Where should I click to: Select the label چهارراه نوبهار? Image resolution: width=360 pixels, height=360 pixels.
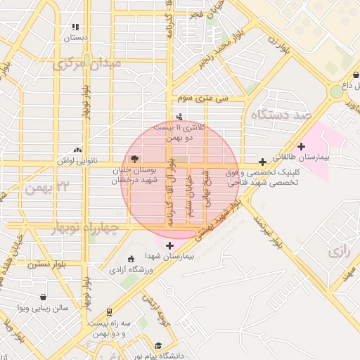pos(87,229)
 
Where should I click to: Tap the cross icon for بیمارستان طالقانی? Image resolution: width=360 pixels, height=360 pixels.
pos(302,146)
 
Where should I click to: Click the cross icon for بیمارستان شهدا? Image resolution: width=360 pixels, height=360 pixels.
pos(169,245)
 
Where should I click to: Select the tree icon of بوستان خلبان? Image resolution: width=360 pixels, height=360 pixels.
pos(135,158)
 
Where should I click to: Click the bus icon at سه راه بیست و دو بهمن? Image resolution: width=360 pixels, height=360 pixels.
pos(109,311)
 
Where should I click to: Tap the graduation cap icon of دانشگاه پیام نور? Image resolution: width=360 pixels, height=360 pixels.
pos(159,346)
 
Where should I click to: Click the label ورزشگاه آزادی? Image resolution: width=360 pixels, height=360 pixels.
pos(132,269)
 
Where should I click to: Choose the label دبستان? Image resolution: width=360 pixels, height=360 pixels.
pos(75,37)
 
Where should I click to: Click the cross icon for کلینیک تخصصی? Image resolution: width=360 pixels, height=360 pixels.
pos(262,162)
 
